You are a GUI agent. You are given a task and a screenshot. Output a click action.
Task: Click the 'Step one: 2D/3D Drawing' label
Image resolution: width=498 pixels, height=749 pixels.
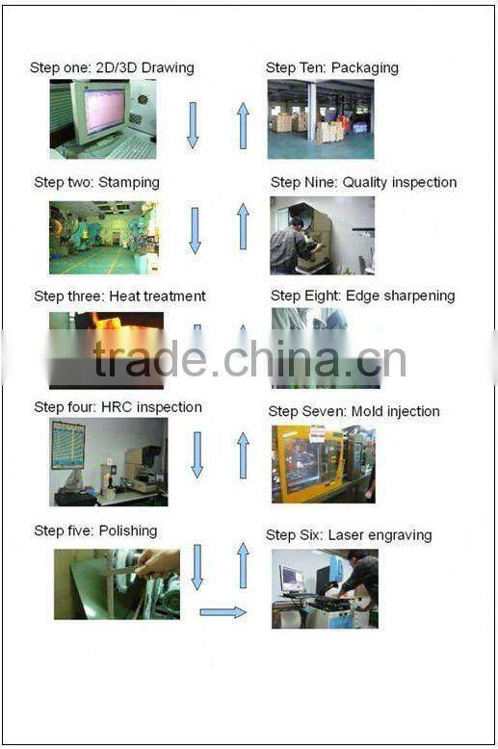tap(112, 68)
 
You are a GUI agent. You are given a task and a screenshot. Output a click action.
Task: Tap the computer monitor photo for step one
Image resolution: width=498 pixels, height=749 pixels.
tap(103, 119)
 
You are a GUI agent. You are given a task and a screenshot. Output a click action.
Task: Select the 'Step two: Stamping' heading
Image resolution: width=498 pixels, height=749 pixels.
tap(97, 183)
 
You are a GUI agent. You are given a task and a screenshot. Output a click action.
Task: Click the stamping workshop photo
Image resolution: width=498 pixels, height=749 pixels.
tap(105, 238)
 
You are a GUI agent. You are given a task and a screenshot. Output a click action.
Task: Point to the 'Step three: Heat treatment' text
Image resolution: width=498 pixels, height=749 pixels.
tap(120, 297)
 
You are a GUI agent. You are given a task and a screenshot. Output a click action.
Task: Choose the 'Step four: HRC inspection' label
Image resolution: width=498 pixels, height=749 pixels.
tap(118, 407)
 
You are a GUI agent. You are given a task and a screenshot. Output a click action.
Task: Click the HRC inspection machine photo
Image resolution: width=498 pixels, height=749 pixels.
tap(109, 462)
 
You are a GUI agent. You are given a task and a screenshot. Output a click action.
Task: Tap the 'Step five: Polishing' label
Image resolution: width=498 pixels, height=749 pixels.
tap(95, 531)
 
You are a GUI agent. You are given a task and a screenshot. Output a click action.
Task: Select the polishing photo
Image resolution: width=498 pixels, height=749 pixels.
tap(118, 584)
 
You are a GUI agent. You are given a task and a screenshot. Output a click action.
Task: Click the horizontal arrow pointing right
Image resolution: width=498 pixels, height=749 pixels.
tap(223, 612)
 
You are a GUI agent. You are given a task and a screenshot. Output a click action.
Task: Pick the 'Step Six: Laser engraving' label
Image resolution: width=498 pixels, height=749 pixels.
tap(349, 535)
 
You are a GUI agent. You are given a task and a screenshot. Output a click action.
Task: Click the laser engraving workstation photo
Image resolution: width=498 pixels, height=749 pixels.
tap(325, 588)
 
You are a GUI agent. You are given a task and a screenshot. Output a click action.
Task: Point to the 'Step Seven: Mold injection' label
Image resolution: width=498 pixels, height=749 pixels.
tap(354, 412)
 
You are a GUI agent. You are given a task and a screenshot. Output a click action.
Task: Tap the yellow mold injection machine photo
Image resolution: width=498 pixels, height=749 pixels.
tap(324, 464)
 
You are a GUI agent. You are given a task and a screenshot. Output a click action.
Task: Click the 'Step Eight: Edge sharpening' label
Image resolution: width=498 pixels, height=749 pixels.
tap(363, 297)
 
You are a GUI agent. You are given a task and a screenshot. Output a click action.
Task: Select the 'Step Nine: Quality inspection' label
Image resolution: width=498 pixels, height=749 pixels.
tap(364, 183)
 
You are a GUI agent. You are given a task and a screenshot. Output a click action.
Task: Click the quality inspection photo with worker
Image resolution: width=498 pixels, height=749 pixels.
tap(322, 236)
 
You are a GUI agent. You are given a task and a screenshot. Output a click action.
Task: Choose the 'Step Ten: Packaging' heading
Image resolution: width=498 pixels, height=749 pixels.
tap(332, 68)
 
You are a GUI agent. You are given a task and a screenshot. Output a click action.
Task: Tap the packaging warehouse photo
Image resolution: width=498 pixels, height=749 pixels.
tap(321, 119)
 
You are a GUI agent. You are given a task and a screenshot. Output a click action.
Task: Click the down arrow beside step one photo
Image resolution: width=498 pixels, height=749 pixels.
tap(193, 125)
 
